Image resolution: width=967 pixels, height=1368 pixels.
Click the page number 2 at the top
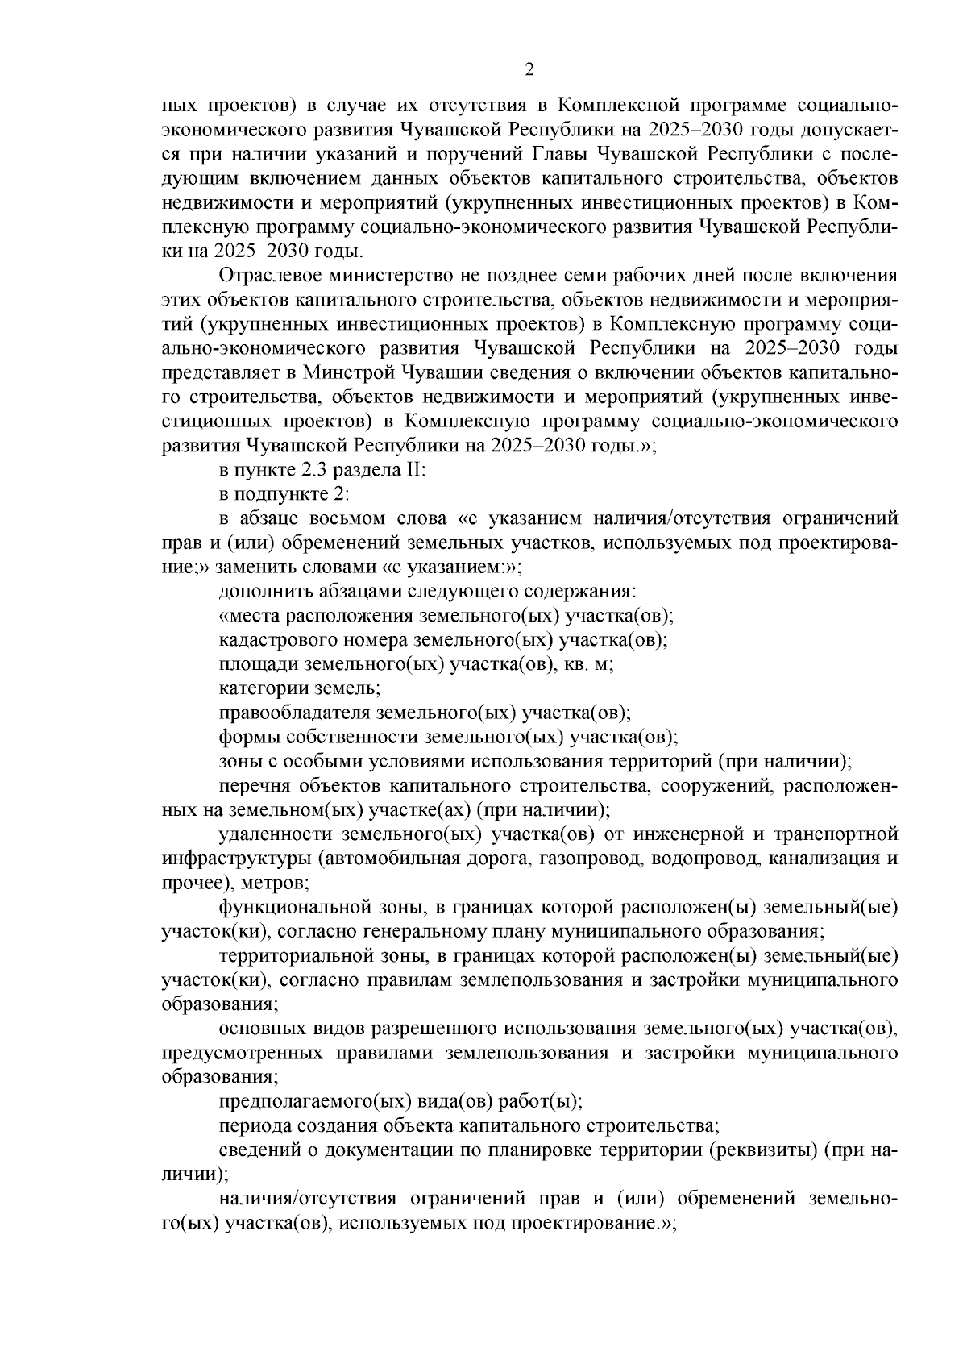[x=529, y=70]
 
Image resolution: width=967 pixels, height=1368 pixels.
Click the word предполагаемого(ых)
[x=304, y=1102]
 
